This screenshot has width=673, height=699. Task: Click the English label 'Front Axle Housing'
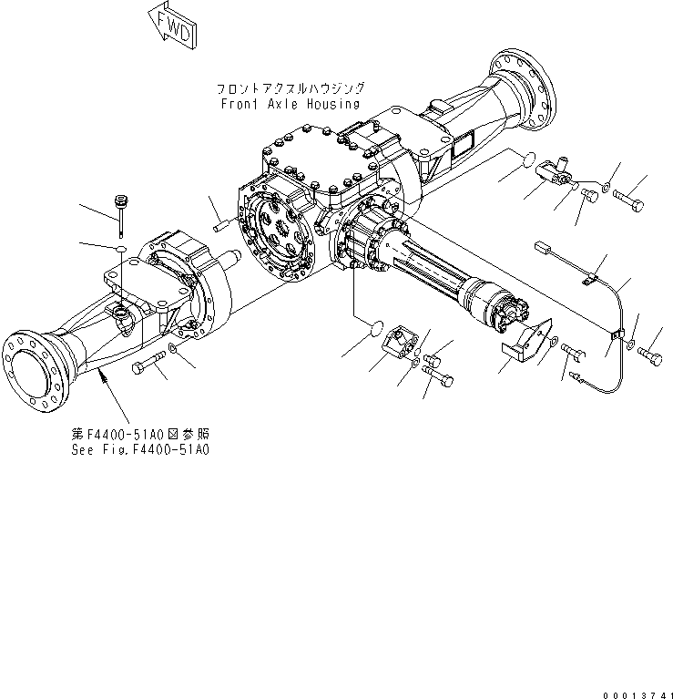tap(291, 104)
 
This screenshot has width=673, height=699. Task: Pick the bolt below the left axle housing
tap(148, 367)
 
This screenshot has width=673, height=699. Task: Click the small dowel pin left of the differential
tap(224, 223)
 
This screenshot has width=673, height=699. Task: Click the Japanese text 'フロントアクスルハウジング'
tap(291, 88)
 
